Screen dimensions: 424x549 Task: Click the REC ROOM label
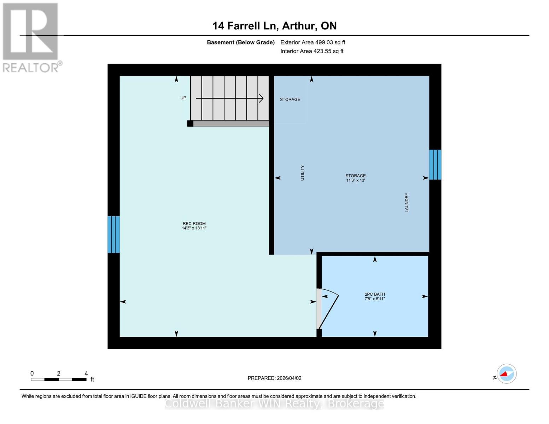click(x=194, y=223)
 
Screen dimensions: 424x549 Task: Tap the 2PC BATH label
click(x=375, y=294)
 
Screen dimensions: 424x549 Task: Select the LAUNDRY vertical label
click(x=407, y=202)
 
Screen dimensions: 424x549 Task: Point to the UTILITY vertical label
click(x=302, y=173)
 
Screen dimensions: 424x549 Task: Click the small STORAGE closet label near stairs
click(x=290, y=99)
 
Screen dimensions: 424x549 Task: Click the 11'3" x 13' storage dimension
click(x=355, y=180)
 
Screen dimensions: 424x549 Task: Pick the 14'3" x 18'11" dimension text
click(x=194, y=228)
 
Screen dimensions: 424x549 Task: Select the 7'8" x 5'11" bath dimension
click(x=375, y=299)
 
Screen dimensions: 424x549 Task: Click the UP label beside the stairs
click(x=183, y=98)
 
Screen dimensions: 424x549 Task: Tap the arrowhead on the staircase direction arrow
click(x=261, y=98)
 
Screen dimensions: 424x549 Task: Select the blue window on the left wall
click(x=113, y=235)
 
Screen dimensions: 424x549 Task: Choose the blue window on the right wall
click(x=435, y=165)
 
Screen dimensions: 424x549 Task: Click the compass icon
click(x=506, y=373)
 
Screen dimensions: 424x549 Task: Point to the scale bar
click(x=59, y=379)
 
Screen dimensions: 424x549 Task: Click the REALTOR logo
click(x=31, y=37)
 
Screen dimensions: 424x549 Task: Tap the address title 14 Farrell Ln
click(x=274, y=26)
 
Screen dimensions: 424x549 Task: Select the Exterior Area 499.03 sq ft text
click(x=313, y=42)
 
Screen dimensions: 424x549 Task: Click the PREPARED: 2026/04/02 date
click(x=274, y=378)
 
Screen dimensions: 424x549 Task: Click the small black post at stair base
click(x=190, y=123)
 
